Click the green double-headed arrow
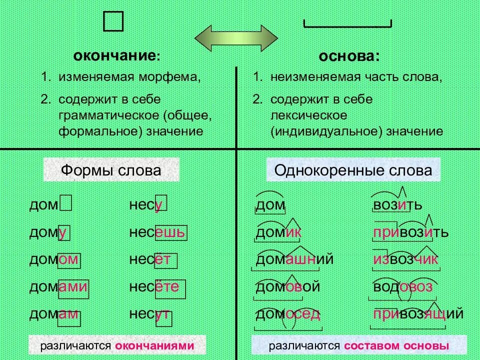(x=235, y=37)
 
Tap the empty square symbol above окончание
(x=113, y=22)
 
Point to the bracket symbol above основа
(x=348, y=24)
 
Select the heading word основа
(x=348, y=56)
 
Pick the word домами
(x=59, y=287)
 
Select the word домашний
(x=294, y=259)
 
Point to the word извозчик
(x=405, y=259)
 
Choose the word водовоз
(x=402, y=287)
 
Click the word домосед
(x=287, y=314)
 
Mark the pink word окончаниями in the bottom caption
(x=154, y=346)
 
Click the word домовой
(x=287, y=287)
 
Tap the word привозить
(x=410, y=232)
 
